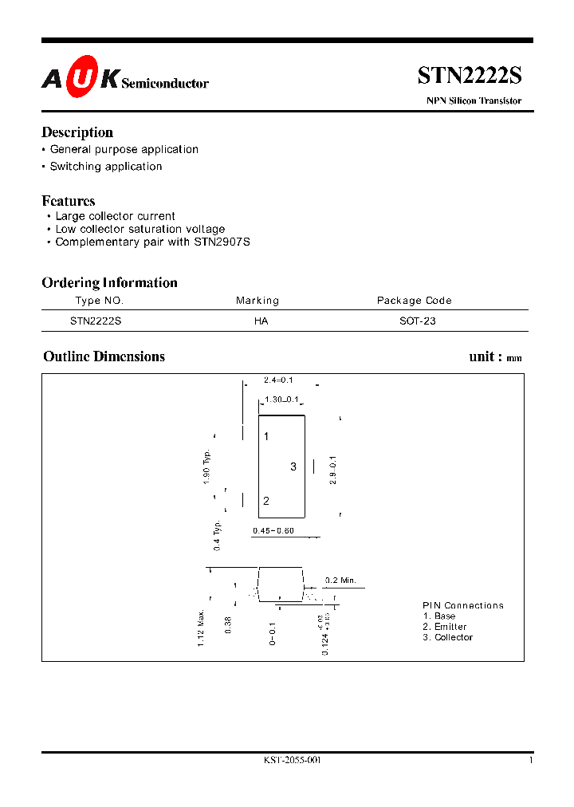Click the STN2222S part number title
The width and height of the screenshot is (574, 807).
(x=470, y=76)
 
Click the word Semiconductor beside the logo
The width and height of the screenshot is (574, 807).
(x=165, y=83)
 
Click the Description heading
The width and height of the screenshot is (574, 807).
(x=77, y=132)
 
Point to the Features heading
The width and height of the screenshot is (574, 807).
(x=69, y=201)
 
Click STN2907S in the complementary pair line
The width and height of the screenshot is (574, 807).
(x=222, y=242)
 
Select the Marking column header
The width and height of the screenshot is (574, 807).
(x=258, y=301)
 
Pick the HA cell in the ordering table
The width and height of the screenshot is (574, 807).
(x=261, y=321)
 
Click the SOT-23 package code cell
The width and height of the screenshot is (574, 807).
(x=418, y=321)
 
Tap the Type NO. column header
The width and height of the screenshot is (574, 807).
(x=100, y=301)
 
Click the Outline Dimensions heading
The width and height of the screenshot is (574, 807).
(x=104, y=356)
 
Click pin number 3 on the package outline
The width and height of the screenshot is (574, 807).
(x=293, y=466)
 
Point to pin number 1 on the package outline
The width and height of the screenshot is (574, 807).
(x=266, y=436)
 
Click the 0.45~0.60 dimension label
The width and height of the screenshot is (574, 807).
(x=273, y=531)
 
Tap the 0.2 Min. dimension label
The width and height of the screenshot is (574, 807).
(x=341, y=580)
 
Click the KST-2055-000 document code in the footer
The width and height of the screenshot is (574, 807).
(x=292, y=760)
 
